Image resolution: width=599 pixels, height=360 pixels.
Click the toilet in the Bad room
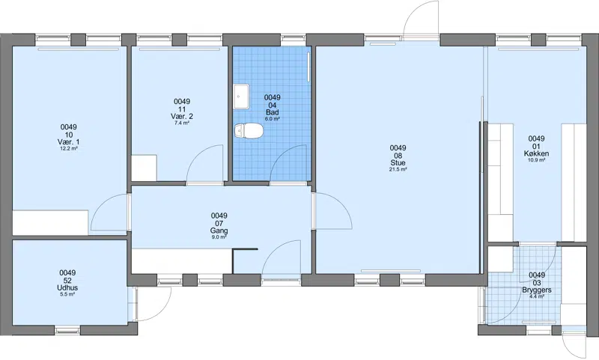tap(249, 131)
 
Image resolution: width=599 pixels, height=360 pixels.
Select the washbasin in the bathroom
tap(241, 97)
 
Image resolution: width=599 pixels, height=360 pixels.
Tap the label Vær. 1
tap(69, 142)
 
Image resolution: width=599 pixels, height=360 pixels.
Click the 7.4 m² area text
tap(182, 123)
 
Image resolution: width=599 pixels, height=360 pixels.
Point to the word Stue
tap(398, 162)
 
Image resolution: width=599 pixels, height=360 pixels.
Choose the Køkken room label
tap(536, 153)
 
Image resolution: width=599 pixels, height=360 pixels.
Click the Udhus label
tap(67, 288)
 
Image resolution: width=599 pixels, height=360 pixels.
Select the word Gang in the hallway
tap(219, 231)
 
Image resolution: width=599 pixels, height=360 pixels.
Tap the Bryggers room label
tap(537, 290)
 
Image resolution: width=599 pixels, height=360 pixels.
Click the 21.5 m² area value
tap(398, 169)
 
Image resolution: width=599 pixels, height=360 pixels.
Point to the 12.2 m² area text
tap(69, 148)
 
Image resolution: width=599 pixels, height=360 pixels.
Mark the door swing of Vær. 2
tap(204, 164)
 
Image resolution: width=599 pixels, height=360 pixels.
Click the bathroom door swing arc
tap(289, 164)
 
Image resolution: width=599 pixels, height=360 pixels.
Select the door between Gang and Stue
tap(332, 211)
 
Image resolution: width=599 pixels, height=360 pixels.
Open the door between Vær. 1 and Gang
tap(109, 213)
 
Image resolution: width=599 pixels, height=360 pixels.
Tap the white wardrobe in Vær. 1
tap(50, 222)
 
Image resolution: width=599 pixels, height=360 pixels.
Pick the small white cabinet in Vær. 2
tap(144, 168)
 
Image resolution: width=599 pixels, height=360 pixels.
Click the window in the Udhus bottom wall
tap(67, 330)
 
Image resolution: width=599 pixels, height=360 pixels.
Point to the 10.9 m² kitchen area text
tap(536, 160)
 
